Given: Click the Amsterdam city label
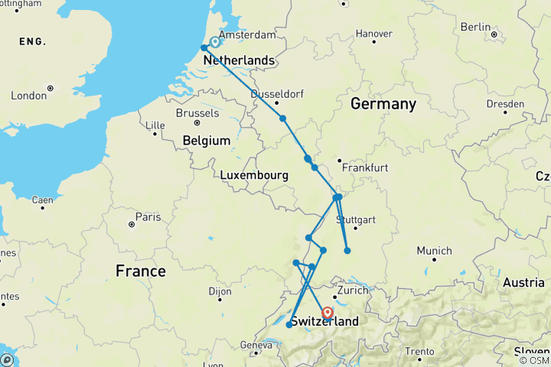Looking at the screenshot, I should (246, 35).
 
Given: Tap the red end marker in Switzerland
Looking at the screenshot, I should (328, 313).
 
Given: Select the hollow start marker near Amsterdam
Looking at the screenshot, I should (215, 43).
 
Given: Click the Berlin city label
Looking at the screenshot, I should (475, 27).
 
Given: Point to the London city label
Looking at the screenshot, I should (29, 96).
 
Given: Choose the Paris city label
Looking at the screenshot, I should (148, 217).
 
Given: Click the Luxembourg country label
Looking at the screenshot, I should (254, 175).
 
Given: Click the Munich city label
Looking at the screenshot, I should (434, 251).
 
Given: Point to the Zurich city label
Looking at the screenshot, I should (353, 291).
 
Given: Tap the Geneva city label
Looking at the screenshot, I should (256, 346).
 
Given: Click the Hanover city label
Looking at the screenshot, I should (373, 34).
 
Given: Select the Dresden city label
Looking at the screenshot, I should (507, 104).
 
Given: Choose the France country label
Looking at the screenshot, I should (139, 271).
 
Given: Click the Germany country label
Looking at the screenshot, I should (383, 103).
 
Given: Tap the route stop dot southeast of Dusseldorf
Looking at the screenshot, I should (283, 119).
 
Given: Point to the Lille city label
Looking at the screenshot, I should (155, 125).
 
